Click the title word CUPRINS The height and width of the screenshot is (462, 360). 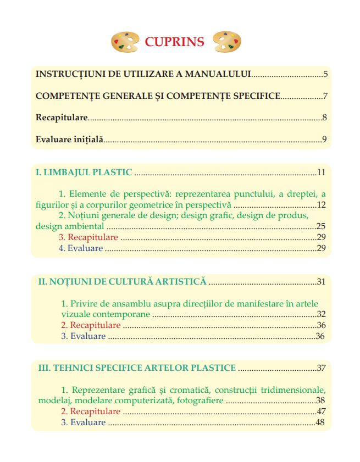pyautogui.click(x=174, y=42)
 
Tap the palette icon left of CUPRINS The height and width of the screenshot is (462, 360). pyautogui.click(x=124, y=42)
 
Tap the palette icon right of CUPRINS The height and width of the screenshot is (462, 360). pyautogui.click(x=226, y=41)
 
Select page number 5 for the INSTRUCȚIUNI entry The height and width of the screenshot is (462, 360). pyautogui.click(x=325, y=74)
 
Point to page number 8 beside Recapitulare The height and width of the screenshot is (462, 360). pyautogui.click(x=325, y=118)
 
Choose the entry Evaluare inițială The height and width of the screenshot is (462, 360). pyautogui.click(x=69, y=139)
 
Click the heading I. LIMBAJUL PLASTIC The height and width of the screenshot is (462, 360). pyautogui.click(x=84, y=172)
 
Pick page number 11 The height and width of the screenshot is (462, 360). pyautogui.click(x=322, y=172)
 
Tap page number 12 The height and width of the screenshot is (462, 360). pyautogui.click(x=322, y=205)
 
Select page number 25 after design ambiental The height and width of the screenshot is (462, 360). pyautogui.click(x=322, y=226)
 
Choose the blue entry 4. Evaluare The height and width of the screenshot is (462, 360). pyautogui.click(x=81, y=248)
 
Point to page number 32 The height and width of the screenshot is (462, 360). pyautogui.click(x=322, y=314)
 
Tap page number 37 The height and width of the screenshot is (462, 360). pyautogui.click(x=322, y=368)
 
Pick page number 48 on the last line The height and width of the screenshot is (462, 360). pyautogui.click(x=322, y=422)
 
